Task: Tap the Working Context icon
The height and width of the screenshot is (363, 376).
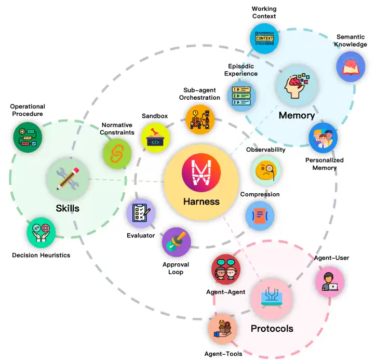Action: pyautogui.click(x=264, y=39)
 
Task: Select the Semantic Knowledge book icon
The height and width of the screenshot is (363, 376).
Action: pyautogui.click(x=351, y=66)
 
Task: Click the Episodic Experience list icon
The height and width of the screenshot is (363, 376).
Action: pyautogui.click(x=241, y=95)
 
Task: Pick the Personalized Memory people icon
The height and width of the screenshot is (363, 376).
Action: pyautogui.click(x=323, y=138)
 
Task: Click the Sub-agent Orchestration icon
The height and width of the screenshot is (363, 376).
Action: pyautogui.click(x=200, y=119)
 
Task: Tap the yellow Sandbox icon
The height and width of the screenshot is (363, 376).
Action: pyautogui.click(x=155, y=138)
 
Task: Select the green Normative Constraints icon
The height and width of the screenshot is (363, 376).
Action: pyautogui.click(x=117, y=154)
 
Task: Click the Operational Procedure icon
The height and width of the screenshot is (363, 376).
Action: pyautogui.click(x=27, y=137)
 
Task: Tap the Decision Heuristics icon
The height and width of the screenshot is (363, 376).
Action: pyautogui.click(x=41, y=232)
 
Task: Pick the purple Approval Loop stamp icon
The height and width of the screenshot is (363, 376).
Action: pyautogui.click(x=176, y=242)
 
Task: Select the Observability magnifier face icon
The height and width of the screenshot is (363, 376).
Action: pyautogui.click(x=266, y=170)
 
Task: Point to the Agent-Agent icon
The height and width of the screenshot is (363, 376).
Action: pyautogui.click(x=226, y=269)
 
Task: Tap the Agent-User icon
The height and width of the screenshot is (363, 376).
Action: pyautogui.click(x=330, y=281)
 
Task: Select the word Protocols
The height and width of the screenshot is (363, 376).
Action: pyautogui.click(x=272, y=328)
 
